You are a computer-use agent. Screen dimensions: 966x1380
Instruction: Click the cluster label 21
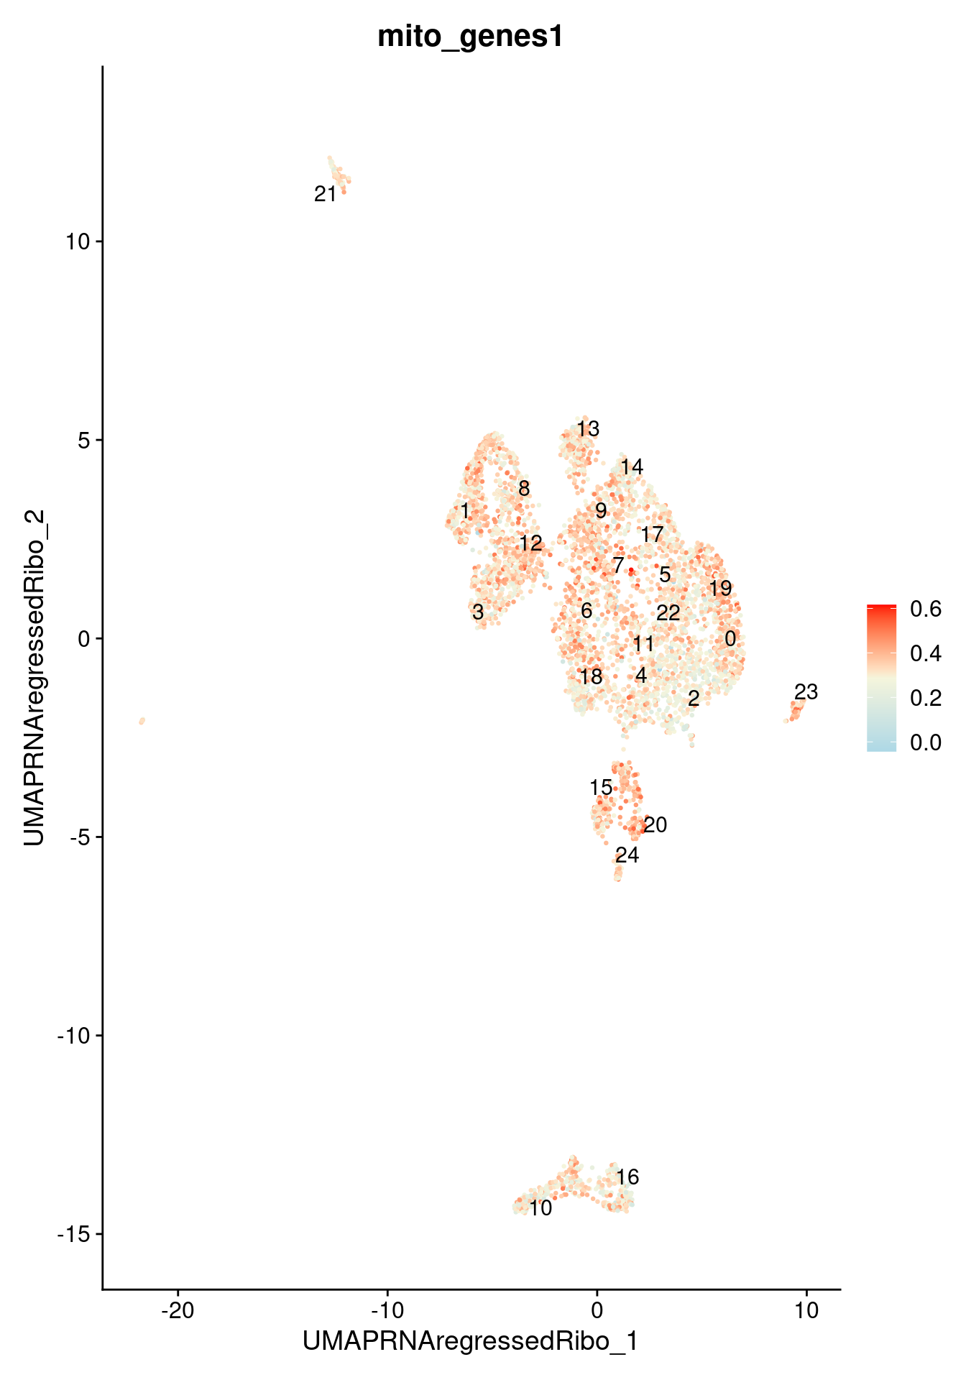pyautogui.click(x=326, y=194)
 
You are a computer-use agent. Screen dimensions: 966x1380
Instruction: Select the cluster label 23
pyautogui.click(x=806, y=692)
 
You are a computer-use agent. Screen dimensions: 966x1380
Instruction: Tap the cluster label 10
pyautogui.click(x=540, y=1208)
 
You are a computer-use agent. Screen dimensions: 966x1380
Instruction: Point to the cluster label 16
pyautogui.click(x=627, y=1177)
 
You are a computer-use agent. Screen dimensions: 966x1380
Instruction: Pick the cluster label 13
pyautogui.click(x=587, y=429)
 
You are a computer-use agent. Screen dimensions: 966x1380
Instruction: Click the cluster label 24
pyautogui.click(x=627, y=855)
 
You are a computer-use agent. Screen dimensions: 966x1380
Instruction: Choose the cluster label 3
pyautogui.click(x=478, y=612)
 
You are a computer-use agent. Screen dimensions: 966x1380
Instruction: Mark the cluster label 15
pyautogui.click(x=601, y=788)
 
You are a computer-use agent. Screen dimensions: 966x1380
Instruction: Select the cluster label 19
pyautogui.click(x=720, y=589)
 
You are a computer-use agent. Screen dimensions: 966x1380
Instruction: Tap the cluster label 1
pyautogui.click(x=464, y=511)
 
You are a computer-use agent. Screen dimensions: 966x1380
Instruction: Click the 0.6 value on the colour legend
pyautogui.click(x=926, y=609)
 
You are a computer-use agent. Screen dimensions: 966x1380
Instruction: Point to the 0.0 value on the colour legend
pyautogui.click(x=926, y=742)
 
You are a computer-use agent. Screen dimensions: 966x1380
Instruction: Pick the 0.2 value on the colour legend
pyautogui.click(x=926, y=698)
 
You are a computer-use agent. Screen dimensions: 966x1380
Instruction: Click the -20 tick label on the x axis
pyautogui.click(x=178, y=1310)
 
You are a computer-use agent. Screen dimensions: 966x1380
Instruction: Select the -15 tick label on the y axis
pyautogui.click(x=76, y=1234)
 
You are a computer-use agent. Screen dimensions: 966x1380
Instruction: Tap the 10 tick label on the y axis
pyautogui.click(x=81, y=241)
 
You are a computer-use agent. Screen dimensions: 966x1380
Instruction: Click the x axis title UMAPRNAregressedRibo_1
pyautogui.click(x=471, y=1342)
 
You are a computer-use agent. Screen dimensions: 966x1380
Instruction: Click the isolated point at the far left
pyautogui.click(x=142, y=720)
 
